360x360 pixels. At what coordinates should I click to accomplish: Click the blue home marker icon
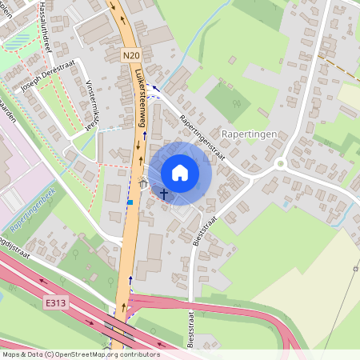click(x=180, y=172)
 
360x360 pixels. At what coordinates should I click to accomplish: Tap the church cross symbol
click(x=164, y=193)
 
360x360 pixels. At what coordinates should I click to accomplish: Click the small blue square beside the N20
click(x=130, y=202)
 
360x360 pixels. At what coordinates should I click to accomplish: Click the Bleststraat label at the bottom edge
click(x=190, y=329)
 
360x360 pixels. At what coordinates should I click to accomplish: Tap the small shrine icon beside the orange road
click(x=143, y=182)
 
